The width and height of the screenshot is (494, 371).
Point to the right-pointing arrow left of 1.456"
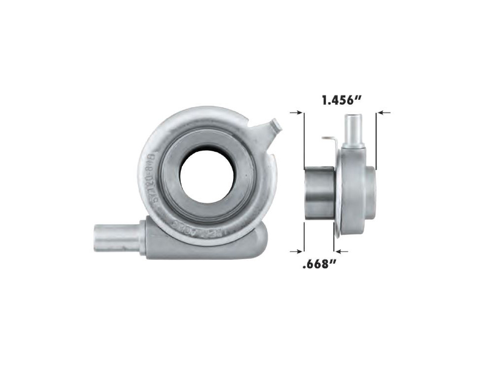(x=296, y=113)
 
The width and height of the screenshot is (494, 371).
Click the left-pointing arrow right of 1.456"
(x=384, y=113)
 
